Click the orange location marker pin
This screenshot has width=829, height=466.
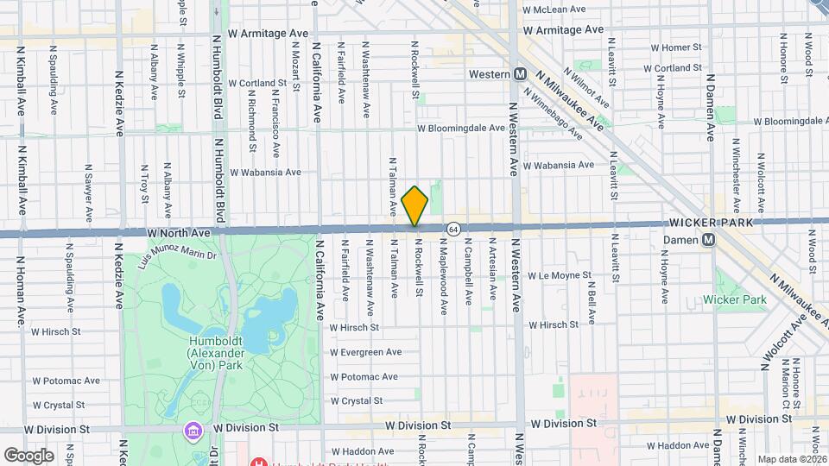[415, 206]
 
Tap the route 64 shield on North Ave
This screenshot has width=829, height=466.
[452, 228]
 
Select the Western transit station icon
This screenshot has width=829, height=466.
[520, 74]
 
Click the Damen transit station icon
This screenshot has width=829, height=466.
[708, 239]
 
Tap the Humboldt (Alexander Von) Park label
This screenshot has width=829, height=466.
[216, 351]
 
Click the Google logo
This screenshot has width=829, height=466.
[28, 455]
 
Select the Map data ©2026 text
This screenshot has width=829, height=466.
[792, 459]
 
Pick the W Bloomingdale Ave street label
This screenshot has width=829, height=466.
[460, 128]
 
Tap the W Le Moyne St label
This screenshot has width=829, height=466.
[558, 276]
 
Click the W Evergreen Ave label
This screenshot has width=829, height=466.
[365, 352]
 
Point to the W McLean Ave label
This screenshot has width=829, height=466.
[556, 9]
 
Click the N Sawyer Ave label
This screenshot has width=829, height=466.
[88, 192]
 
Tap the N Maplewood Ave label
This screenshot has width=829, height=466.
[444, 282]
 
